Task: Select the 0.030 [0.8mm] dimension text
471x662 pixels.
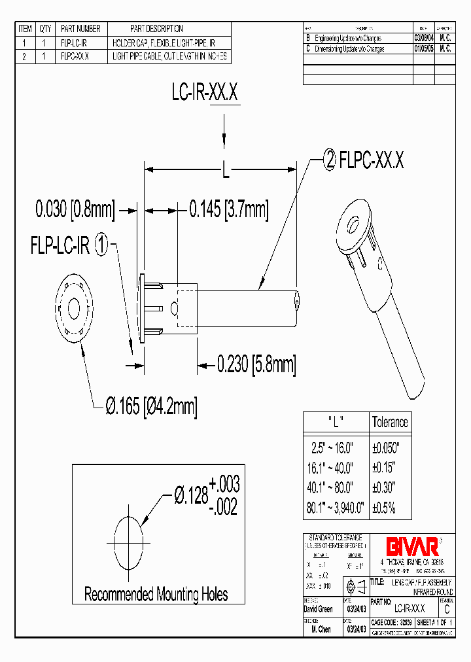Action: (75, 210)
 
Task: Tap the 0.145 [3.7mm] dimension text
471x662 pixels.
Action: (228, 210)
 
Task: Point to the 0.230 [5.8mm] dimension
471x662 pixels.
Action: (256, 364)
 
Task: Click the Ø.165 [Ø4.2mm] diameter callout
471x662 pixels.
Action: (150, 406)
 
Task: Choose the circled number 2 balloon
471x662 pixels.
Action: (330, 159)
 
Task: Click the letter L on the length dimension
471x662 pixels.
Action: (225, 171)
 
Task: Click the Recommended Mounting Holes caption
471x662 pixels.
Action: (156, 595)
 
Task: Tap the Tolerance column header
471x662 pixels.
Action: (390, 422)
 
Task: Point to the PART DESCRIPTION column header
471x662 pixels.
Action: (156, 29)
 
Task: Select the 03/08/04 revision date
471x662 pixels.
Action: (423, 39)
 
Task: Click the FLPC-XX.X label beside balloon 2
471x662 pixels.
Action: (372, 159)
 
